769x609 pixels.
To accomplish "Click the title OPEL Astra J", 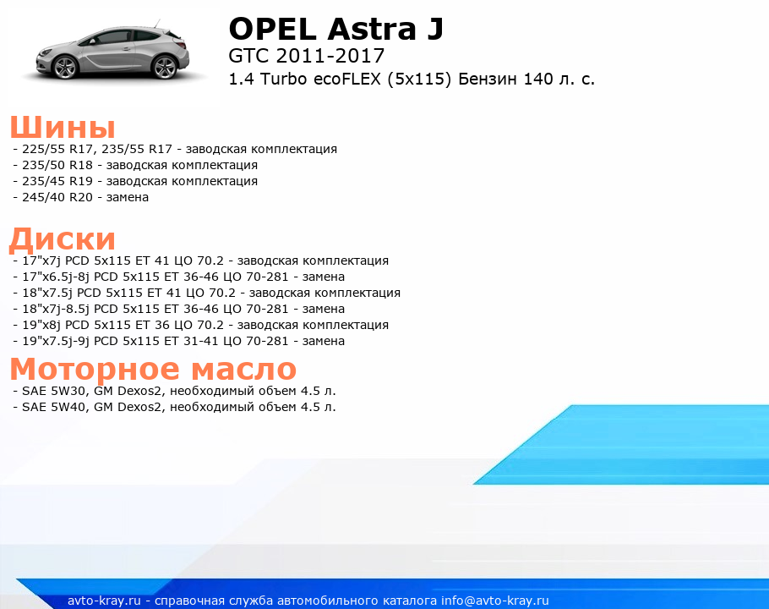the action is coord(336,30).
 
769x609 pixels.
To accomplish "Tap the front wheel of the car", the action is coord(65,67).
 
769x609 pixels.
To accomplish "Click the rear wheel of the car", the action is coord(166,67).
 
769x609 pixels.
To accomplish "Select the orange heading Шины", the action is coord(63,127).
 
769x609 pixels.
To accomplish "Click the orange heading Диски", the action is coord(63,239).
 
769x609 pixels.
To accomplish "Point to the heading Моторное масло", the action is coord(153,369).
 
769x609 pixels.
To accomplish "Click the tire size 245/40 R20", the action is coord(57,197).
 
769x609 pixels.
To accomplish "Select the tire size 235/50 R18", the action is coord(57,166).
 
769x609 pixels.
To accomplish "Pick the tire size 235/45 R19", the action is coord(57,181).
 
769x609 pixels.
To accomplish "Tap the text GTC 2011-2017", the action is coord(307,56).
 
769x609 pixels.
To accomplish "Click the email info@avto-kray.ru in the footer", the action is coord(495,601).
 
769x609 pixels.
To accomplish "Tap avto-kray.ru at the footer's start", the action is coord(104,601).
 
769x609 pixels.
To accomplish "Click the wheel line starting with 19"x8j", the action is coord(205,325).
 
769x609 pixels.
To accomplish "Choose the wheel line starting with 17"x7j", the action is coord(205,261).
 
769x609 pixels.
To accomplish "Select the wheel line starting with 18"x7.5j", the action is coord(211,293).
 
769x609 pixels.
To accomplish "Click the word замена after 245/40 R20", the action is coord(128,198).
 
